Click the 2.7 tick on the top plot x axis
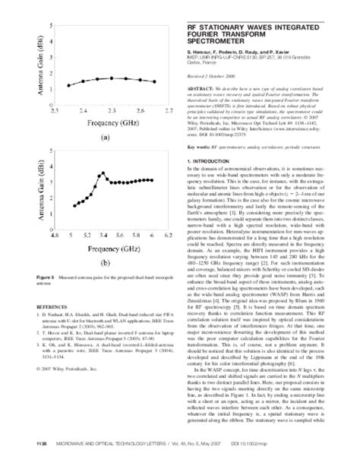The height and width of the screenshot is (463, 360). [169, 109]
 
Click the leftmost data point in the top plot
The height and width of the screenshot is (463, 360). [68, 85]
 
